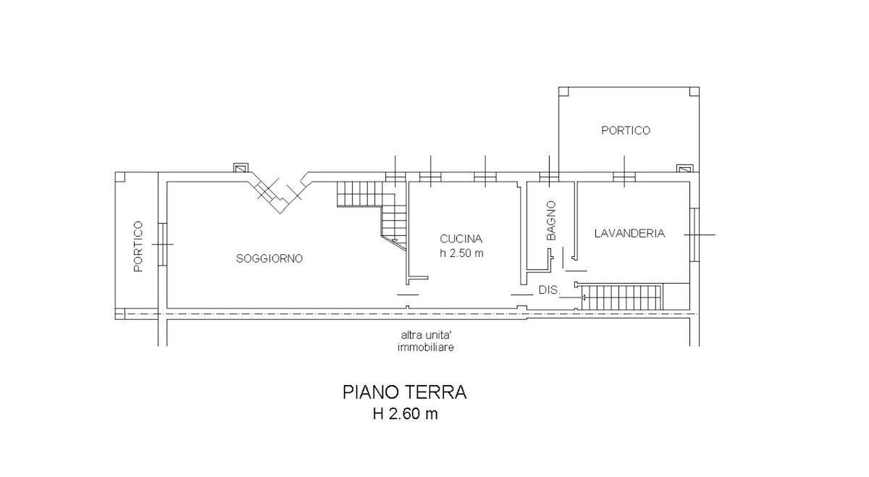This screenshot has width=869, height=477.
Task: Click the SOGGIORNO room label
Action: click(x=269, y=258)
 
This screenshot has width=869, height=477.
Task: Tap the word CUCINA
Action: click(x=461, y=238)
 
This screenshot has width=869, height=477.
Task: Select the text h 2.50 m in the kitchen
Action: click(x=461, y=253)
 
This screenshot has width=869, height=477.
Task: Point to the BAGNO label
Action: click(x=551, y=221)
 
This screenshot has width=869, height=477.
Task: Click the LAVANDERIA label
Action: click(x=629, y=233)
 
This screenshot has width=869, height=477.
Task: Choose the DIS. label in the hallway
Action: click(x=548, y=290)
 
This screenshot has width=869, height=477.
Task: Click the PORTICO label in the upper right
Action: click(x=626, y=130)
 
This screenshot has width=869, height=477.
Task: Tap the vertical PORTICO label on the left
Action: click(x=138, y=247)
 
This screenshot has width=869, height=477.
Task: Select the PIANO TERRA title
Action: click(x=404, y=392)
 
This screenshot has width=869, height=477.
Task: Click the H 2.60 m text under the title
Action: click(x=404, y=415)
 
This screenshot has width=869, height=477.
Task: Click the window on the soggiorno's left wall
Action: click(x=163, y=244)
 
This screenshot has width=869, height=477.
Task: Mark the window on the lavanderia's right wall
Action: click(x=693, y=235)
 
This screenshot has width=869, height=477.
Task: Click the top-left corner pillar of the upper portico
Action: click(x=564, y=92)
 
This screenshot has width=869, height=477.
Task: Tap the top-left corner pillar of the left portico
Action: click(x=120, y=177)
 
